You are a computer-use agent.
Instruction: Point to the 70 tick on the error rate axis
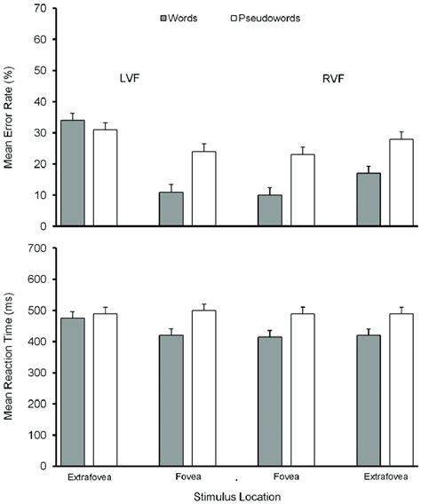point(40,9)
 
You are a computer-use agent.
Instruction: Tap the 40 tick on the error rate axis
point(40,102)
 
